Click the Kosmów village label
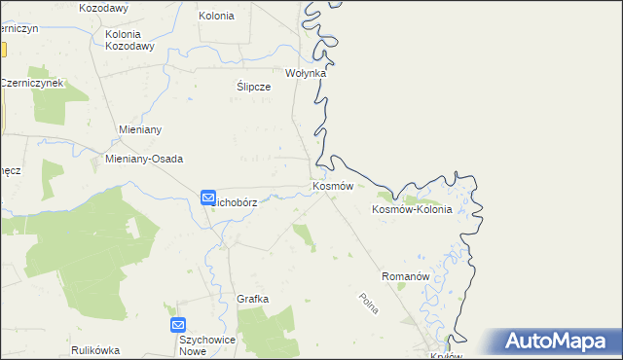[331, 185]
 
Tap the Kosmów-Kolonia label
[412, 209]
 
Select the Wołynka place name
[305, 73]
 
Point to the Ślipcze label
[253, 86]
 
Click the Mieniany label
[138, 129]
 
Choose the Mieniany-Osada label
[143, 159]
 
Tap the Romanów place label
[406, 276]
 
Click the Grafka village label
[252, 299]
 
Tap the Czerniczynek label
[31, 83]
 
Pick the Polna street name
[368, 304]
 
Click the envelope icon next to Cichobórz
[208, 198]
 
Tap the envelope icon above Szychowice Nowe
[177, 325]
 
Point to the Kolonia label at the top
[216, 16]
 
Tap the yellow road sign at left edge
[3, 49]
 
